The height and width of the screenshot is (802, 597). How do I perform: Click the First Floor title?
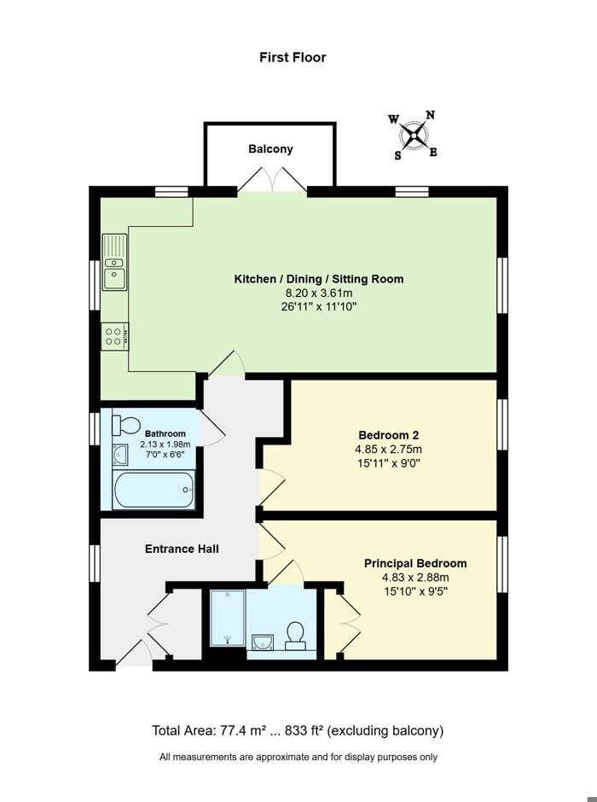pos(293,57)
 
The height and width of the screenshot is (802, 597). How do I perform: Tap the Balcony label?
pos(270,148)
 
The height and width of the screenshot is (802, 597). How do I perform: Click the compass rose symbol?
pos(414,136)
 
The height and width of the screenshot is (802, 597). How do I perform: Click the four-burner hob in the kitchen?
pos(114,335)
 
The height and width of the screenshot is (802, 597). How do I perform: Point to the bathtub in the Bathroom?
pos(154,489)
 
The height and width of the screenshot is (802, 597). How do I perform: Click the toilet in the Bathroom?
pos(127,425)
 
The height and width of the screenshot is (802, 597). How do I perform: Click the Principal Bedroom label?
pos(415,563)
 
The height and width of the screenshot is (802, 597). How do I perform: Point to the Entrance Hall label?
pos(181,549)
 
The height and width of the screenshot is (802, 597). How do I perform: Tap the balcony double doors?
pos(270,180)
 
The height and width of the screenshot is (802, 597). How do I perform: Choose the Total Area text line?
pos(298,730)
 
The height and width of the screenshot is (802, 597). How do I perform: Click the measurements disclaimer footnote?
pos(298,757)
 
